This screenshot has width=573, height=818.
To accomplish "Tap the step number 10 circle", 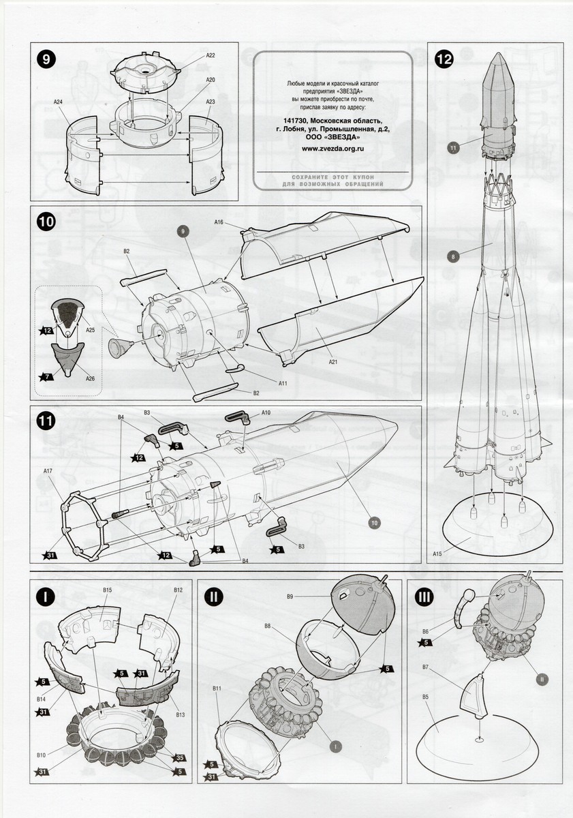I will tap(46, 222).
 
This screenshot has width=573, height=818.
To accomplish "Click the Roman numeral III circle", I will tap(424, 596).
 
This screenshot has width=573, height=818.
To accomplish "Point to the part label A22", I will tap(211, 55).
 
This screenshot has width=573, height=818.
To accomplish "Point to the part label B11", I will tap(217, 689).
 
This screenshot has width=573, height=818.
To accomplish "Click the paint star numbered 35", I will tap(181, 758).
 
